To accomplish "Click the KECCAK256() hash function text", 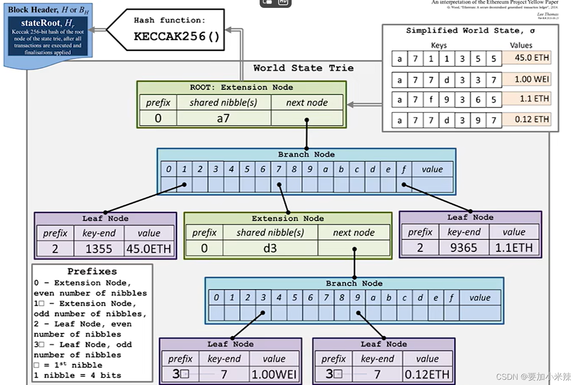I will point(176,36).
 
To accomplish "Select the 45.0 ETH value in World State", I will point(531,57).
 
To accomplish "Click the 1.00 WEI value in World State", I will point(531,79).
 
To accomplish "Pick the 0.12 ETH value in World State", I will point(531,119).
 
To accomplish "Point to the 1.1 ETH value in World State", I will point(531,99).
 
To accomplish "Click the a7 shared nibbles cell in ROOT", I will point(223,118).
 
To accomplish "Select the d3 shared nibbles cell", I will point(270,248).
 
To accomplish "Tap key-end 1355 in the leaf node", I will point(99,249).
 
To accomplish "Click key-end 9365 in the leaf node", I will point(463,248).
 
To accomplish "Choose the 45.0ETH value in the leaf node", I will point(148,249).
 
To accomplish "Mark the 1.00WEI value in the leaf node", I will point(274,374).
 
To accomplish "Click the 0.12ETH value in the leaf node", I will point(427,374).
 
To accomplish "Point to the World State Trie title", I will point(303,68).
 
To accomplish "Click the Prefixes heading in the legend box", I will point(92,271).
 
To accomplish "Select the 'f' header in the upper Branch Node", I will point(404,170).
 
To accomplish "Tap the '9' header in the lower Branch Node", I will point(357,298).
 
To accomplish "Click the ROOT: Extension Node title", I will point(241,87).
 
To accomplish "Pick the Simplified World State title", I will point(470,31).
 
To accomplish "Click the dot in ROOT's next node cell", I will point(307,120).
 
